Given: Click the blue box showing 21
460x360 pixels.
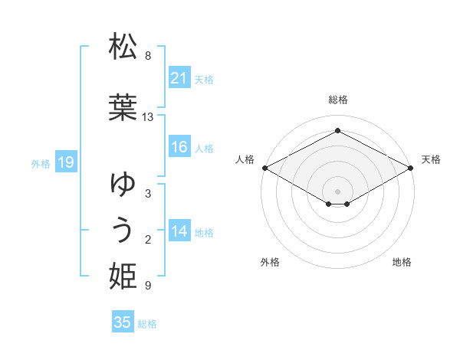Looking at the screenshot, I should tap(179, 78).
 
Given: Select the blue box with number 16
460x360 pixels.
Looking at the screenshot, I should tap(179, 147).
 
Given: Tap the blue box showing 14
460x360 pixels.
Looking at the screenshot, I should tap(179, 231).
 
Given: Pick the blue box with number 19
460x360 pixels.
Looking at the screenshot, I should tap(65, 162).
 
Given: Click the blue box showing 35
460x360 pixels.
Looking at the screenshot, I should tap(123, 322).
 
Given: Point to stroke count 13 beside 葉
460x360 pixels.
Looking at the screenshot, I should tap(148, 117).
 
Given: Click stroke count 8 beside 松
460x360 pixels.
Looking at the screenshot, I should tap(148, 56).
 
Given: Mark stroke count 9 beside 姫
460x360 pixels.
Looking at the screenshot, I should tap(148, 286).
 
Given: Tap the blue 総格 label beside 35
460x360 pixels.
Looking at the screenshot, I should tap(147, 324).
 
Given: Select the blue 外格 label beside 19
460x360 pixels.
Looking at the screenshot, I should tap(41, 163).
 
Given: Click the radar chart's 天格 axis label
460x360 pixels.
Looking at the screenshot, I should tap(431, 159).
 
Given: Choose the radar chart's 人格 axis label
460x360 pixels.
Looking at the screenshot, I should tap(245, 159).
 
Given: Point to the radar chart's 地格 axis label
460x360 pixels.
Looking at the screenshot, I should tap(402, 262).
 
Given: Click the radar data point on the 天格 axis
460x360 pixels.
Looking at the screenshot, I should tap(412, 168).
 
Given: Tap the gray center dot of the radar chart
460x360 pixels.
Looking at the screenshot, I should tap(338, 191).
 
